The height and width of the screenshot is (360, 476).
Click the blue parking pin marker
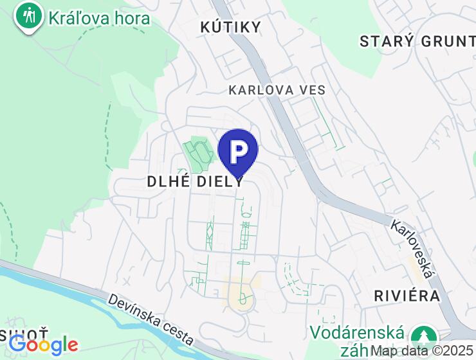point(238,152)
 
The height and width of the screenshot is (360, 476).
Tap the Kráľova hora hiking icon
point(29,16)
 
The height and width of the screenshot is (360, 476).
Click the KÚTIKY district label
point(231,26)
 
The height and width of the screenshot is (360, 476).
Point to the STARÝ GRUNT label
point(417,41)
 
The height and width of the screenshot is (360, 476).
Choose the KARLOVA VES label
point(277,90)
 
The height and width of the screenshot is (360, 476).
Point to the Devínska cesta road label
point(151,318)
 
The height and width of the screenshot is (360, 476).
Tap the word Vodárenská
point(358,333)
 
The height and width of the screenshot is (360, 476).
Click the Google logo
point(43,345)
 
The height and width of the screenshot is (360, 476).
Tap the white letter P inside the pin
point(238,150)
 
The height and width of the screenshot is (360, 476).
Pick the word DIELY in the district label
point(220,181)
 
